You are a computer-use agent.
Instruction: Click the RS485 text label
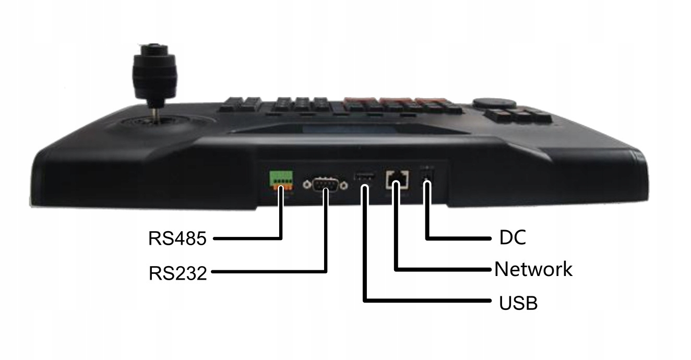[177, 238]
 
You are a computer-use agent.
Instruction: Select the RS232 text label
[177, 272]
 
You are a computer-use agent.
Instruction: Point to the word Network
[533, 270]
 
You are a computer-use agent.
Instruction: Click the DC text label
[513, 238]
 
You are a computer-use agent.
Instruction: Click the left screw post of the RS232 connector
[308, 184]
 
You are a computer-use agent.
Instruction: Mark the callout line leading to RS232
[271, 271]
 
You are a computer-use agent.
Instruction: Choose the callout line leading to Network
[444, 270]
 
